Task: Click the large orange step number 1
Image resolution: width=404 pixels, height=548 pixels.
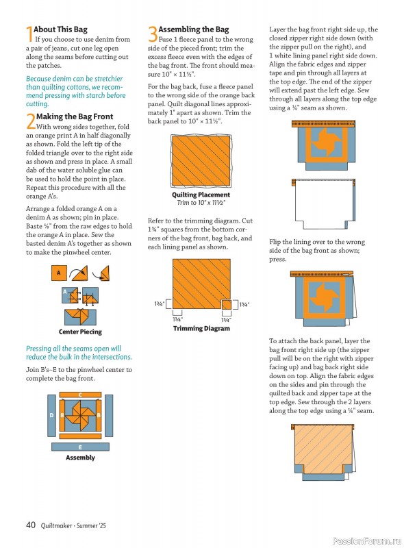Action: (x=29, y=34)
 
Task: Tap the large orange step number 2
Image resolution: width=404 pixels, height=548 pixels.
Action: (x=31, y=121)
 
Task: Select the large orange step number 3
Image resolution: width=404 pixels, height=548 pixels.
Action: (x=153, y=34)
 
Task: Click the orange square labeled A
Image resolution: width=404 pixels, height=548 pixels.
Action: (x=59, y=273)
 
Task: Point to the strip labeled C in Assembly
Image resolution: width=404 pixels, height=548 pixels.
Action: (x=80, y=395)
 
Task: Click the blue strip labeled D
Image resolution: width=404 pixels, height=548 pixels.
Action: (x=51, y=416)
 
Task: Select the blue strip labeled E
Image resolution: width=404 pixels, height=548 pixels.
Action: (x=80, y=447)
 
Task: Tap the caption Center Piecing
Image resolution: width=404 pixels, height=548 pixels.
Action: (x=80, y=332)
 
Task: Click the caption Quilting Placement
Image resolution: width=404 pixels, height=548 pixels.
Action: (x=201, y=195)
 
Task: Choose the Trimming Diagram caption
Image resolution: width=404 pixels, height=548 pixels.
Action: (x=201, y=328)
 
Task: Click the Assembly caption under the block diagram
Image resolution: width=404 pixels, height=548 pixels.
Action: (x=80, y=458)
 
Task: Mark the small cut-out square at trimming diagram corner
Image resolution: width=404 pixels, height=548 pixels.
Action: (x=227, y=304)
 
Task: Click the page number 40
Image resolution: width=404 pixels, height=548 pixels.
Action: (x=31, y=525)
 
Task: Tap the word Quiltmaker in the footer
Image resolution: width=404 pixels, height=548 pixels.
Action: (x=56, y=525)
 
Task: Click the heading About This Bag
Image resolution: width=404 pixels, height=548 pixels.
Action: (x=60, y=29)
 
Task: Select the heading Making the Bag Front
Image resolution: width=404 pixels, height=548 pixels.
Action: (x=75, y=116)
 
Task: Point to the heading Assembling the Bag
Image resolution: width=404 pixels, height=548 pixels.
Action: (x=194, y=29)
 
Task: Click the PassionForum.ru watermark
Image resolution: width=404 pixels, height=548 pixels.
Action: (x=367, y=541)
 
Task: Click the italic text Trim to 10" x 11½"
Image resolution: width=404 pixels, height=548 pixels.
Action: (x=201, y=203)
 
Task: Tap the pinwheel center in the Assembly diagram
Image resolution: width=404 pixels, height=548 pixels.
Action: (x=80, y=416)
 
